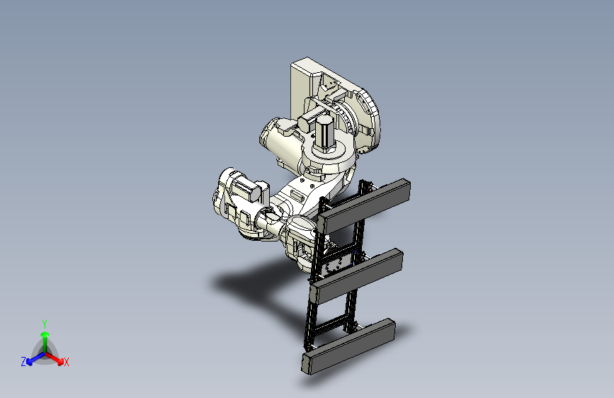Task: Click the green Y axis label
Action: pyautogui.click(x=45, y=324)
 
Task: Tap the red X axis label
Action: pyautogui.click(x=66, y=362)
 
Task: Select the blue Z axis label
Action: pyautogui.click(x=23, y=362)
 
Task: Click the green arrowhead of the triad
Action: pyautogui.click(x=45, y=335)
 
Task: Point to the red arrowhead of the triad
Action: pyautogui.click(x=60, y=360)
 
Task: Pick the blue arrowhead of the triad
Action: pyautogui.click(x=30, y=361)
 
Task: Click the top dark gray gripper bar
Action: pyautogui.click(x=364, y=206)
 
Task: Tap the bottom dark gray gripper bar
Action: pyautogui.click(x=348, y=346)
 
